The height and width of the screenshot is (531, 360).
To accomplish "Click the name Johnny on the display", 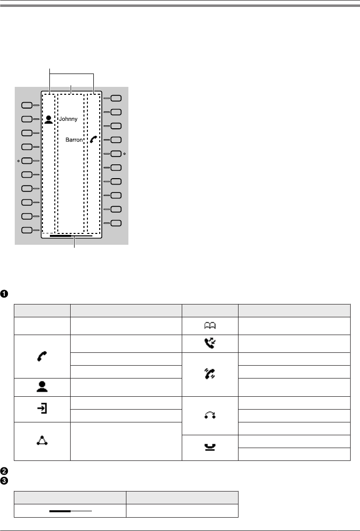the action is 68,119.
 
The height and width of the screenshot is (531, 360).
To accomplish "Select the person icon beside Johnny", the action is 48,119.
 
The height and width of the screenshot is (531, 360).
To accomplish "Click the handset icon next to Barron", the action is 94,140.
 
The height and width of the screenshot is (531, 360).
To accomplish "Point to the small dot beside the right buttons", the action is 124,154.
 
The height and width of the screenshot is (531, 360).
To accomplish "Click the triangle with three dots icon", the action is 41,441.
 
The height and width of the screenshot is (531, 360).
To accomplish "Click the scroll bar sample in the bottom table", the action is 71,511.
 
